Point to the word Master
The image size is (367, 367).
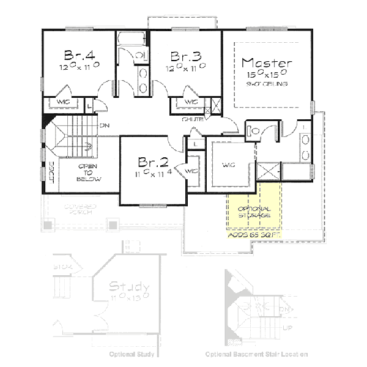pyautogui.click(x=267, y=63)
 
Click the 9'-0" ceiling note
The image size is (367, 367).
pyautogui.click(x=267, y=83)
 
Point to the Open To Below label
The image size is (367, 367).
pyautogui.click(x=89, y=173)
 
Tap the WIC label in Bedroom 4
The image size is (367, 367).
pyautogui.click(x=64, y=102)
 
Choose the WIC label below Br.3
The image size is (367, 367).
pyautogui.click(x=190, y=102)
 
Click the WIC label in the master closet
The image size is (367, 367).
pyautogui.click(x=229, y=165)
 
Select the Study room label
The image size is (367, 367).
pyautogui.click(x=128, y=286)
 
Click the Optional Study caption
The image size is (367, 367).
pyautogui.click(x=132, y=354)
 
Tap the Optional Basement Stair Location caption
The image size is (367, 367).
pyautogui.click(x=256, y=354)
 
